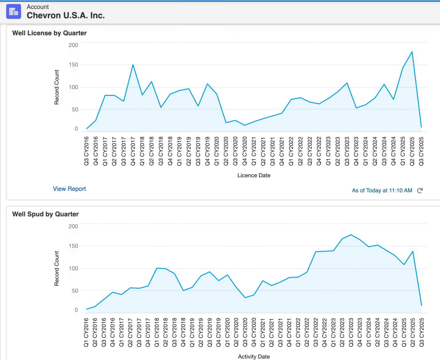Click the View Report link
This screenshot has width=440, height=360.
tap(69, 189)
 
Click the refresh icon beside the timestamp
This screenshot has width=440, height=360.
tap(420, 191)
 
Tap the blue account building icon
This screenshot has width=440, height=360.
tap(13, 11)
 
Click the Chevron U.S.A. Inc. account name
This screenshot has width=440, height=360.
tap(66, 15)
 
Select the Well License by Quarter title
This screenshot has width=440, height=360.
tap(49, 33)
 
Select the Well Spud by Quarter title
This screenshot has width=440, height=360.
tap(45, 214)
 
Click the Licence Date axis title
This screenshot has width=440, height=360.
tap(254, 175)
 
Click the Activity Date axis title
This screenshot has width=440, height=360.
tap(254, 357)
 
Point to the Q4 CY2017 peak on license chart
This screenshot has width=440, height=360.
tap(133, 65)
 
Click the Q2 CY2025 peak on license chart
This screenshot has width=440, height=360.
tap(412, 52)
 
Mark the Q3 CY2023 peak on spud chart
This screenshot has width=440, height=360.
tap(351, 235)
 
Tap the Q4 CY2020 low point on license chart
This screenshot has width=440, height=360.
tap(244, 125)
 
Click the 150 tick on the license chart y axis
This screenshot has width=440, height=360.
tap(73, 65)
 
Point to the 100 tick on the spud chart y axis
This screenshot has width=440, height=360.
tap(73, 268)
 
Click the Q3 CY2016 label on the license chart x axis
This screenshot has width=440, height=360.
tap(86, 151)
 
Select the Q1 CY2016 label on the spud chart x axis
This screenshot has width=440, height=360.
tap(86, 332)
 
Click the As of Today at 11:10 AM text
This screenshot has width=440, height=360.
tap(382, 191)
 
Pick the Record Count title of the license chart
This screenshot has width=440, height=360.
tap(56, 87)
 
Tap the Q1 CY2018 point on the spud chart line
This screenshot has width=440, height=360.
tap(157, 268)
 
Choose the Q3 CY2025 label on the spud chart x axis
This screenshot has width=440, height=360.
tap(421, 332)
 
